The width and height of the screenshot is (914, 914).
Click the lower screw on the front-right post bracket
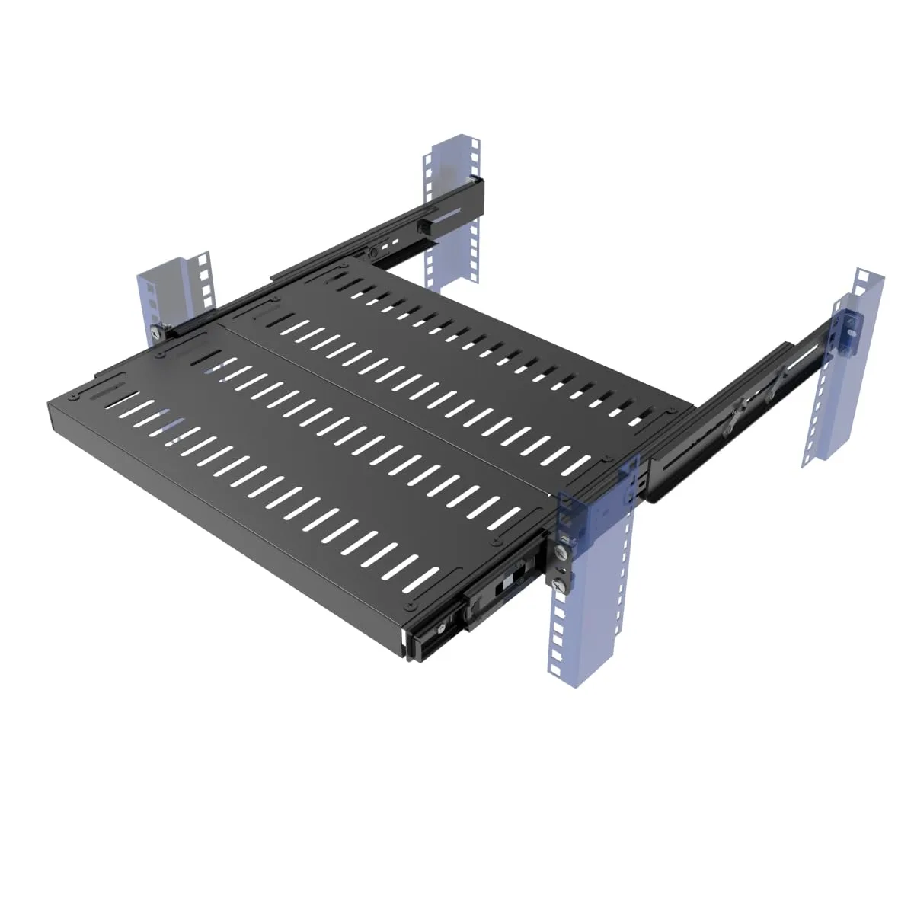pyautogui.click(x=561, y=584)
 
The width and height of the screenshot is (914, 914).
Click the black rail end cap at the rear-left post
pyautogui.click(x=478, y=185)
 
